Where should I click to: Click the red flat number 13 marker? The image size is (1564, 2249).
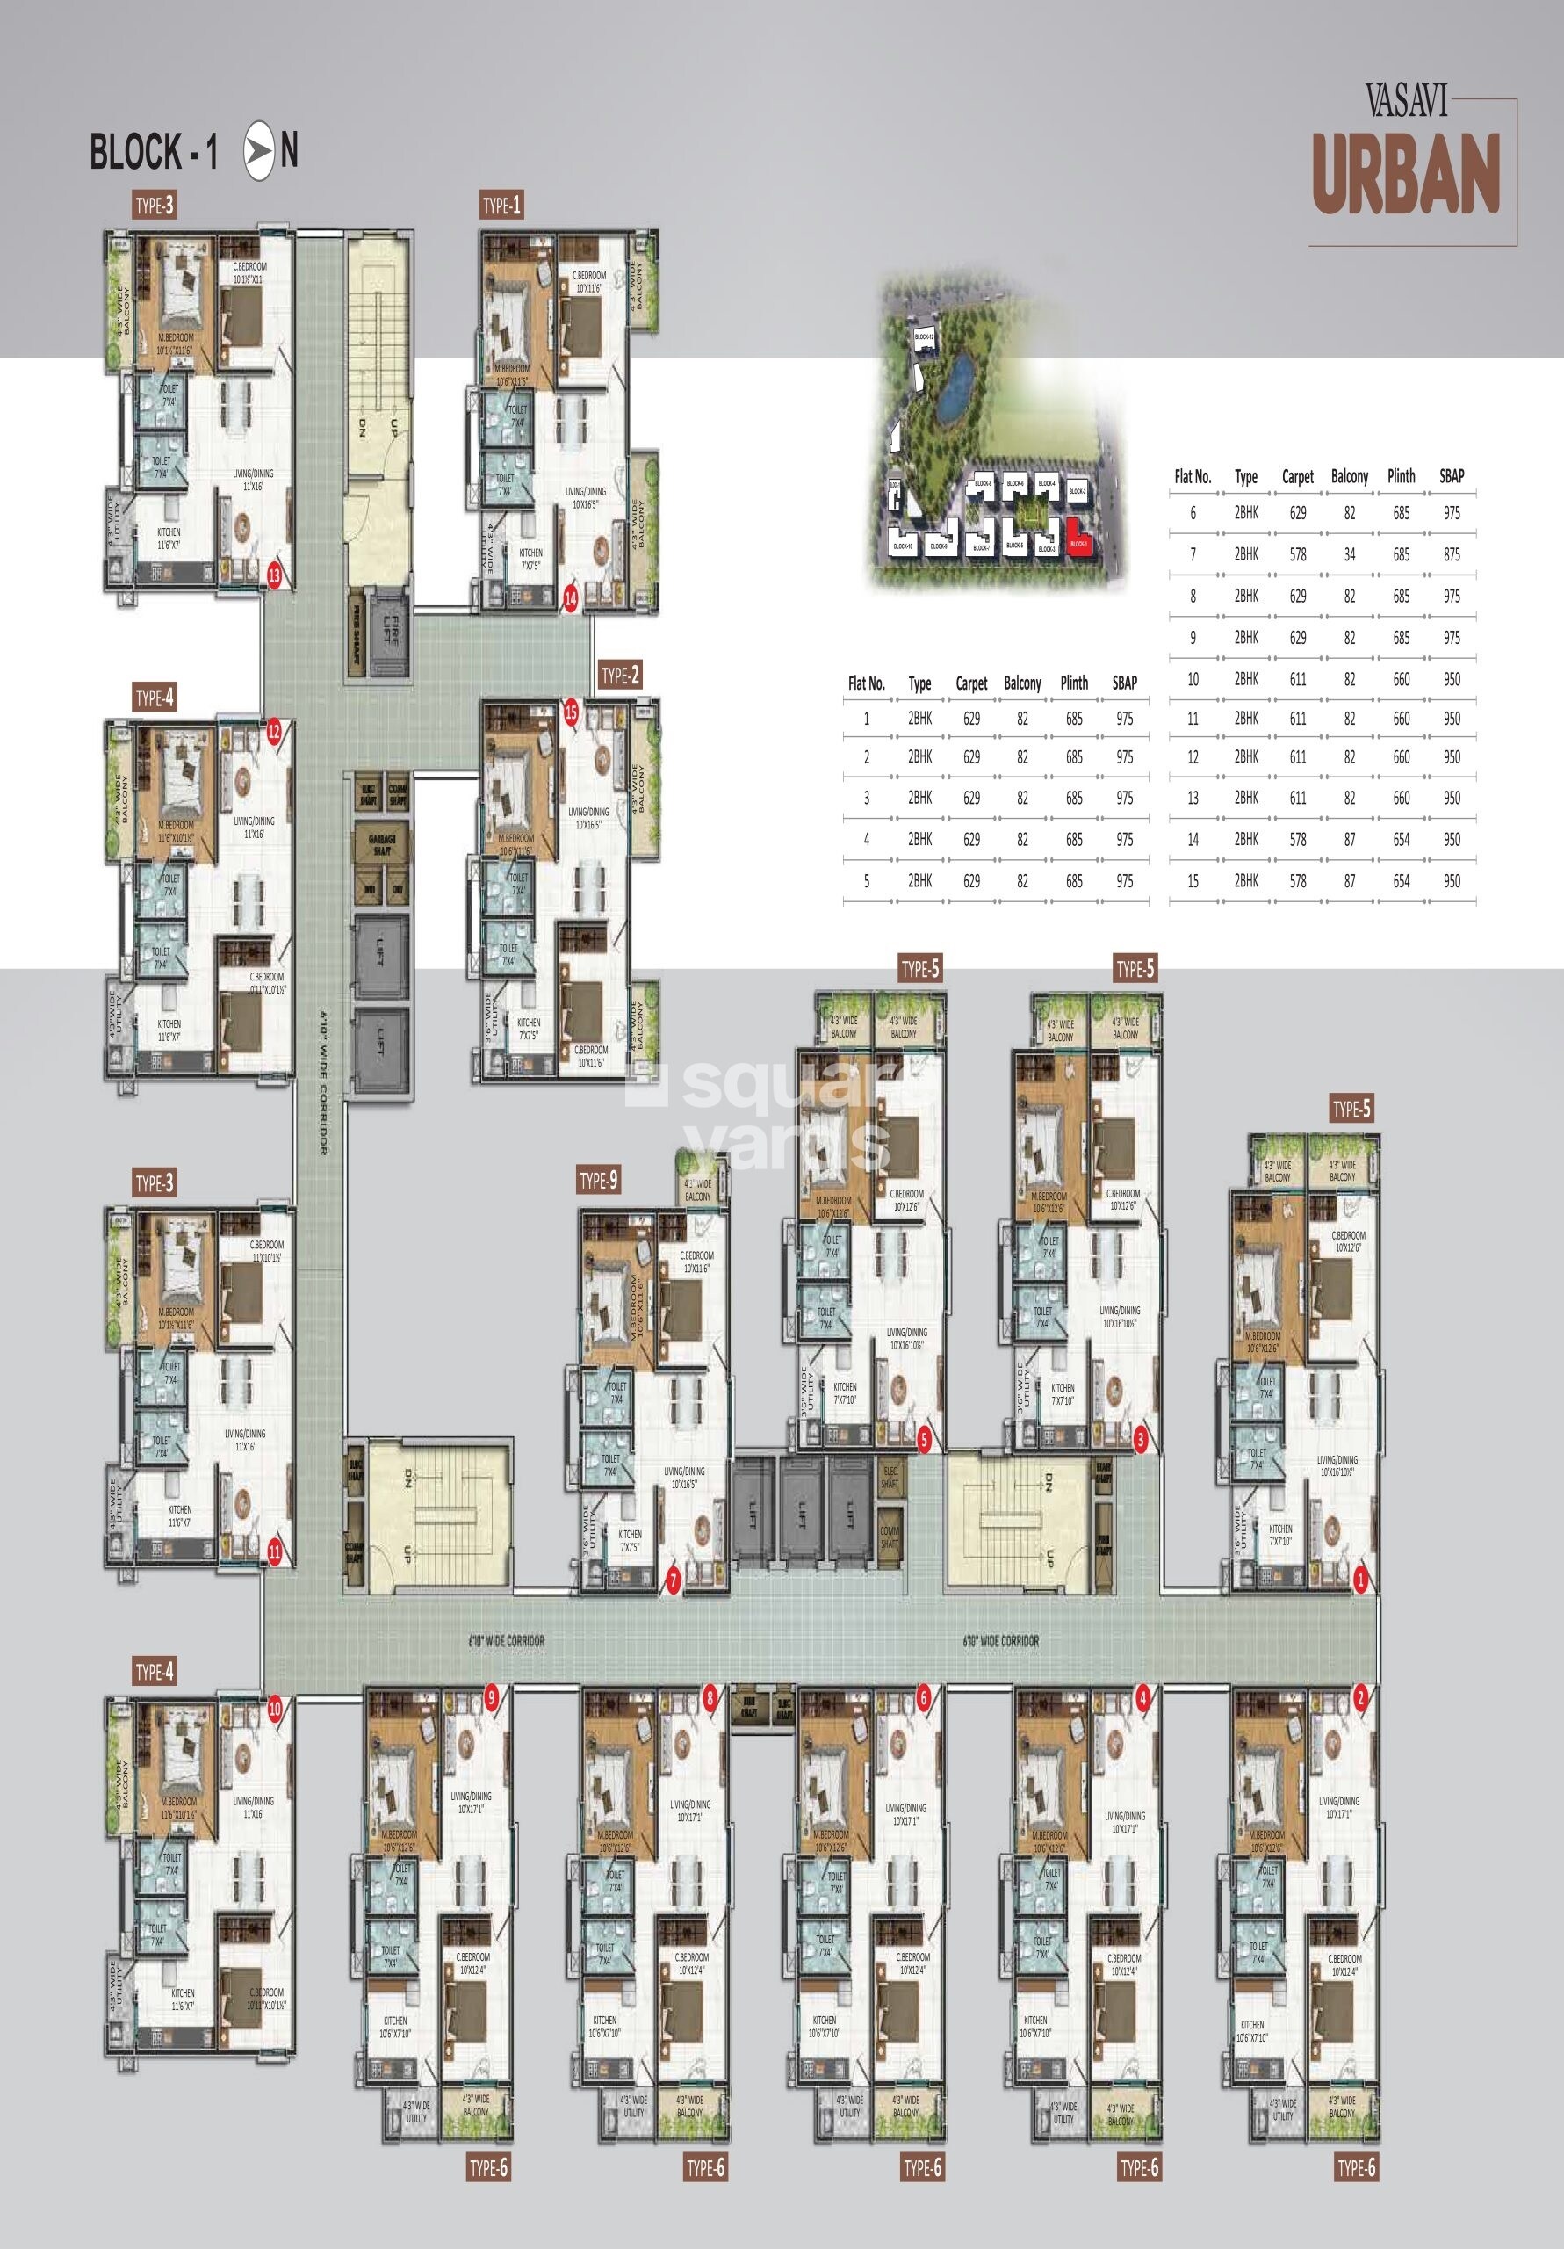point(274,576)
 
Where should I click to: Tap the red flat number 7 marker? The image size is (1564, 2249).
point(673,1580)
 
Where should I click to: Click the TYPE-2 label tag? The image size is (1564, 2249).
point(620,675)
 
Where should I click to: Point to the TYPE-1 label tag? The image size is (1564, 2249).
point(501,205)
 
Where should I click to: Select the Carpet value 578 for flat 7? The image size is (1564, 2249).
point(1298,554)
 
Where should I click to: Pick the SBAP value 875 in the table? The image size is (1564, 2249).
point(1452,554)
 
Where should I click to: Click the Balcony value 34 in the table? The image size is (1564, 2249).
point(1350,554)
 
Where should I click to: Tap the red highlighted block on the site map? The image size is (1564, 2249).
point(1079,544)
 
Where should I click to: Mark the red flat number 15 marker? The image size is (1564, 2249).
point(572,713)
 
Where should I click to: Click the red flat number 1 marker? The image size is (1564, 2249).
point(1359,1580)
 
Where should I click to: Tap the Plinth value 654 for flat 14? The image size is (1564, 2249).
point(1402,840)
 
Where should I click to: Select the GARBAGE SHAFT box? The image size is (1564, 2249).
point(381,845)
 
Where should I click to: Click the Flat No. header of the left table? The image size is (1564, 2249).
point(866,683)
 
